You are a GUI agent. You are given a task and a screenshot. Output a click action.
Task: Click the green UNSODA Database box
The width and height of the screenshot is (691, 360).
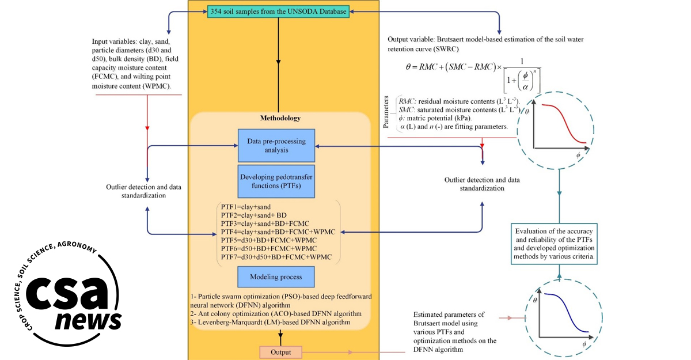(278, 12)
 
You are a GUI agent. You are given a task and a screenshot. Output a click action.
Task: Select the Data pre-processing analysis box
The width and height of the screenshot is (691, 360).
(276, 146)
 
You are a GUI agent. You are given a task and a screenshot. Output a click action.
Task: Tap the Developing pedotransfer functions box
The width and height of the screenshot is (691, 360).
(276, 181)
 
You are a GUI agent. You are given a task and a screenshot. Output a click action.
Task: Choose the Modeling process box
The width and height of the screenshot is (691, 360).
(276, 276)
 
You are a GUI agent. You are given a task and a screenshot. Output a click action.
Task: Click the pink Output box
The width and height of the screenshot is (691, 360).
(281, 352)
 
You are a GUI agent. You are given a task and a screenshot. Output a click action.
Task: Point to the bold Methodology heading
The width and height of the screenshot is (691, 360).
(280, 118)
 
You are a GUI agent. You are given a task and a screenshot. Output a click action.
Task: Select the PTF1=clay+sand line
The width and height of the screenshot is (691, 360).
(245, 207)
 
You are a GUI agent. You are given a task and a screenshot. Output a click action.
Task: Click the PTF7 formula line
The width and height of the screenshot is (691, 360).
(276, 257)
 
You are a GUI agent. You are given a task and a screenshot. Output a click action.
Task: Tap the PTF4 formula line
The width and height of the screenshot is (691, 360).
(278, 232)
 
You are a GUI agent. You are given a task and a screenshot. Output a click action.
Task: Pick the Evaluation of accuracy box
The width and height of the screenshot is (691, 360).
(554, 244)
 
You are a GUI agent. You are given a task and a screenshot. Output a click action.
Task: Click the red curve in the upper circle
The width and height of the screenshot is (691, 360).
(564, 123)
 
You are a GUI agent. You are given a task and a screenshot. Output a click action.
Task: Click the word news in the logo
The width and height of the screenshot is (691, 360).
(88, 320)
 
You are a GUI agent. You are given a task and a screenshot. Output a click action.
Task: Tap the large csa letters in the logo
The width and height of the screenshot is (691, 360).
(67, 293)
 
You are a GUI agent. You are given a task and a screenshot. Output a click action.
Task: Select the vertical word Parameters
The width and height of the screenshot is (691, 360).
(386, 112)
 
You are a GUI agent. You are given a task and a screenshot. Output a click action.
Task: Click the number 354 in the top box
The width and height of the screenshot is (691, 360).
(216, 12)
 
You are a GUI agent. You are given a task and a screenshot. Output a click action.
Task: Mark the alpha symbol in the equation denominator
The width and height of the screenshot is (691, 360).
(525, 86)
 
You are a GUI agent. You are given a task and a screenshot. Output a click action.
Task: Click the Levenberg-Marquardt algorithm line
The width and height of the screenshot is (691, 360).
(270, 323)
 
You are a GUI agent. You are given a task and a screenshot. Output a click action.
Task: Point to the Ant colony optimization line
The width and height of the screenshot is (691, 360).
(276, 314)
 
